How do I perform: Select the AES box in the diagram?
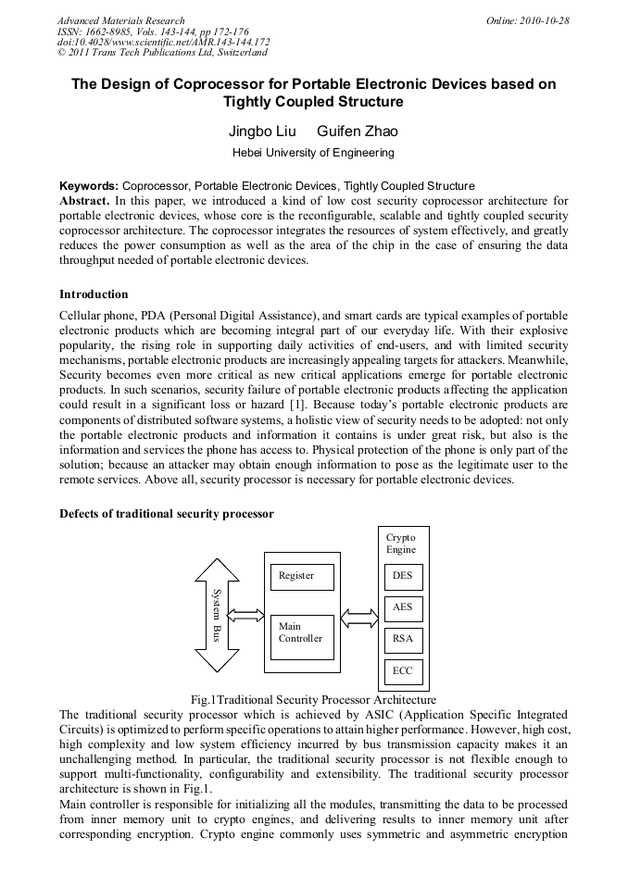click(403, 608)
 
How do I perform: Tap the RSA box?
click(403, 640)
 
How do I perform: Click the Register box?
click(302, 577)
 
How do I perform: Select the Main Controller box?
click(302, 637)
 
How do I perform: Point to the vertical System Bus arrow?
click(217, 615)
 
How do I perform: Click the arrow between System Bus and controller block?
click(245, 615)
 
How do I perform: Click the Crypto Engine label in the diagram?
click(401, 544)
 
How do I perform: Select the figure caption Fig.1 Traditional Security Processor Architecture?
click(313, 700)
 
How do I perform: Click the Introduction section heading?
click(94, 294)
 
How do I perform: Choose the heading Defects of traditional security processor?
click(166, 513)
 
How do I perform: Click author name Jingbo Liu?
click(262, 131)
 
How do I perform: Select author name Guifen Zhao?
click(358, 131)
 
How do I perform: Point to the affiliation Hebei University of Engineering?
click(313, 153)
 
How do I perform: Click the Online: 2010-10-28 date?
click(527, 20)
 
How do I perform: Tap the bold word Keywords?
click(90, 186)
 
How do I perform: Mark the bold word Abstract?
click(85, 201)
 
